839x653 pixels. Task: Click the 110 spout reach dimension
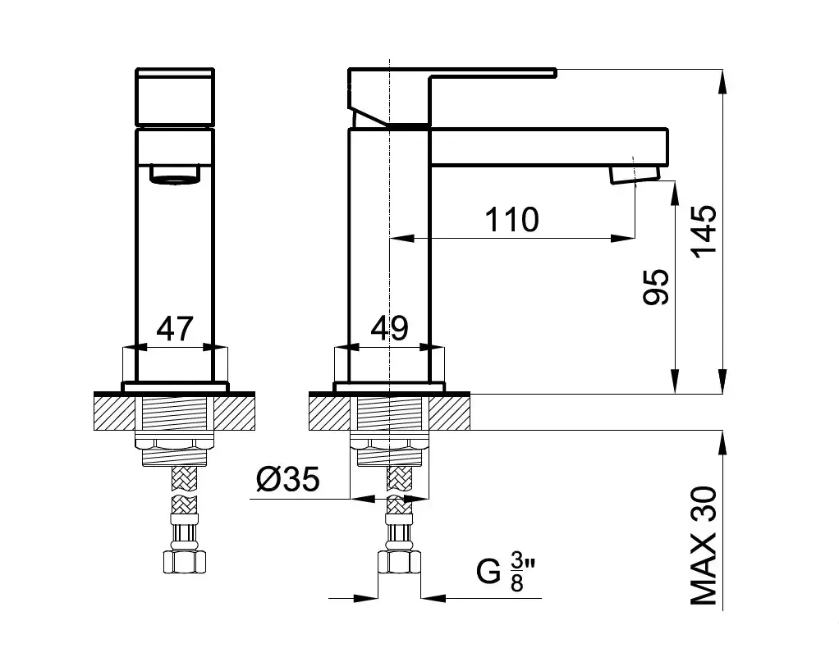coord(511,219)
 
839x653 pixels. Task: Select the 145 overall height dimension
coord(704,231)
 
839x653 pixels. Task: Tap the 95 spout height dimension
coord(656,287)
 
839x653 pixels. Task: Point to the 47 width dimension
coord(174,328)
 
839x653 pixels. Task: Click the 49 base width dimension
coord(389,328)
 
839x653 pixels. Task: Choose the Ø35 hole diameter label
coord(288,478)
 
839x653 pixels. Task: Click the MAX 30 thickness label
coord(704,546)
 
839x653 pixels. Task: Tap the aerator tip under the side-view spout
coord(635,175)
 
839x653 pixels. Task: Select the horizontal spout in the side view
coord(549,147)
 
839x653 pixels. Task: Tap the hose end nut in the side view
coord(399,563)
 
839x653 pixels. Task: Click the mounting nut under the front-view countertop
coord(175,443)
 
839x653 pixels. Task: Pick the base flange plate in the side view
coord(389,387)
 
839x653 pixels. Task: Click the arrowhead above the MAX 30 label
coord(723,443)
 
